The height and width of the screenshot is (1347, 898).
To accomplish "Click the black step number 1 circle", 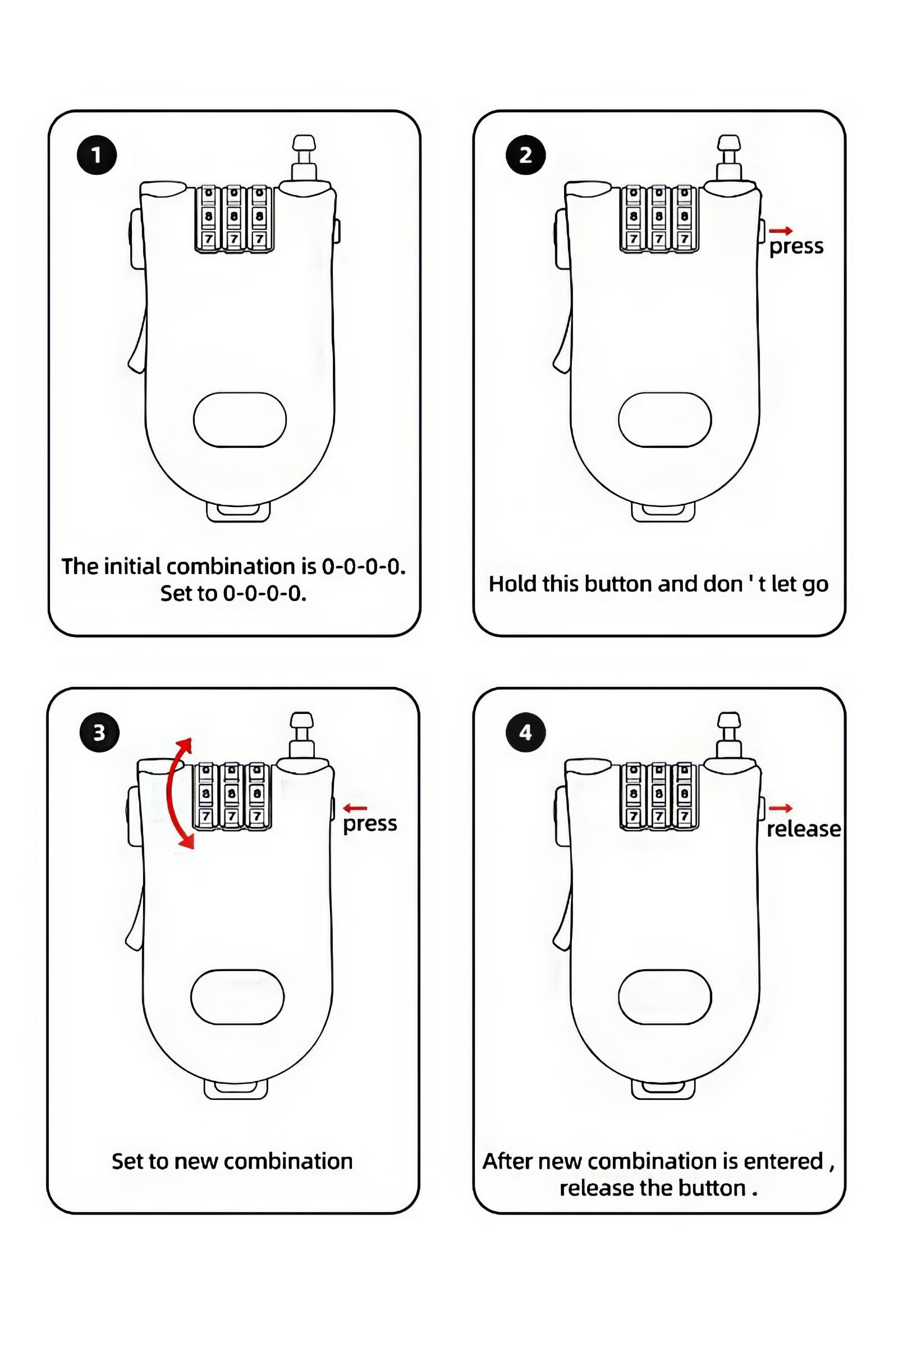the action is (x=97, y=155).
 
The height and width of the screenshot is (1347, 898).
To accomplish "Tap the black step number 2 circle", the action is (x=526, y=155).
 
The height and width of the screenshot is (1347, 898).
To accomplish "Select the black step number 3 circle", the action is (x=100, y=732).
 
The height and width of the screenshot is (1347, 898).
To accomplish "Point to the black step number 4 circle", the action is (x=526, y=732).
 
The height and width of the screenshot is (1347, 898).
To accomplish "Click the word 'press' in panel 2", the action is (x=796, y=247).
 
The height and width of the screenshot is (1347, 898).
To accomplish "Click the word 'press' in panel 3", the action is (x=370, y=824).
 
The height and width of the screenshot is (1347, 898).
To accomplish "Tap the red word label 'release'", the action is (x=804, y=829).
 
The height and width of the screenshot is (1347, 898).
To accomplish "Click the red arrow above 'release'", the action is (x=781, y=808).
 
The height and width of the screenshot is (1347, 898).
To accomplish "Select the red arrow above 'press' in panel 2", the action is (x=781, y=230).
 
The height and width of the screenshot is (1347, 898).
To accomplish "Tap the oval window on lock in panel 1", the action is (x=240, y=420).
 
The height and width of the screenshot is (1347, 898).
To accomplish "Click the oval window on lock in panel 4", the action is (x=665, y=997).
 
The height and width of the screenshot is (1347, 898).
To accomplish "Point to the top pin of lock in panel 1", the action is (x=304, y=158).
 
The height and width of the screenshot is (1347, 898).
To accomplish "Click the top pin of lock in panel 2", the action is (x=729, y=158).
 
